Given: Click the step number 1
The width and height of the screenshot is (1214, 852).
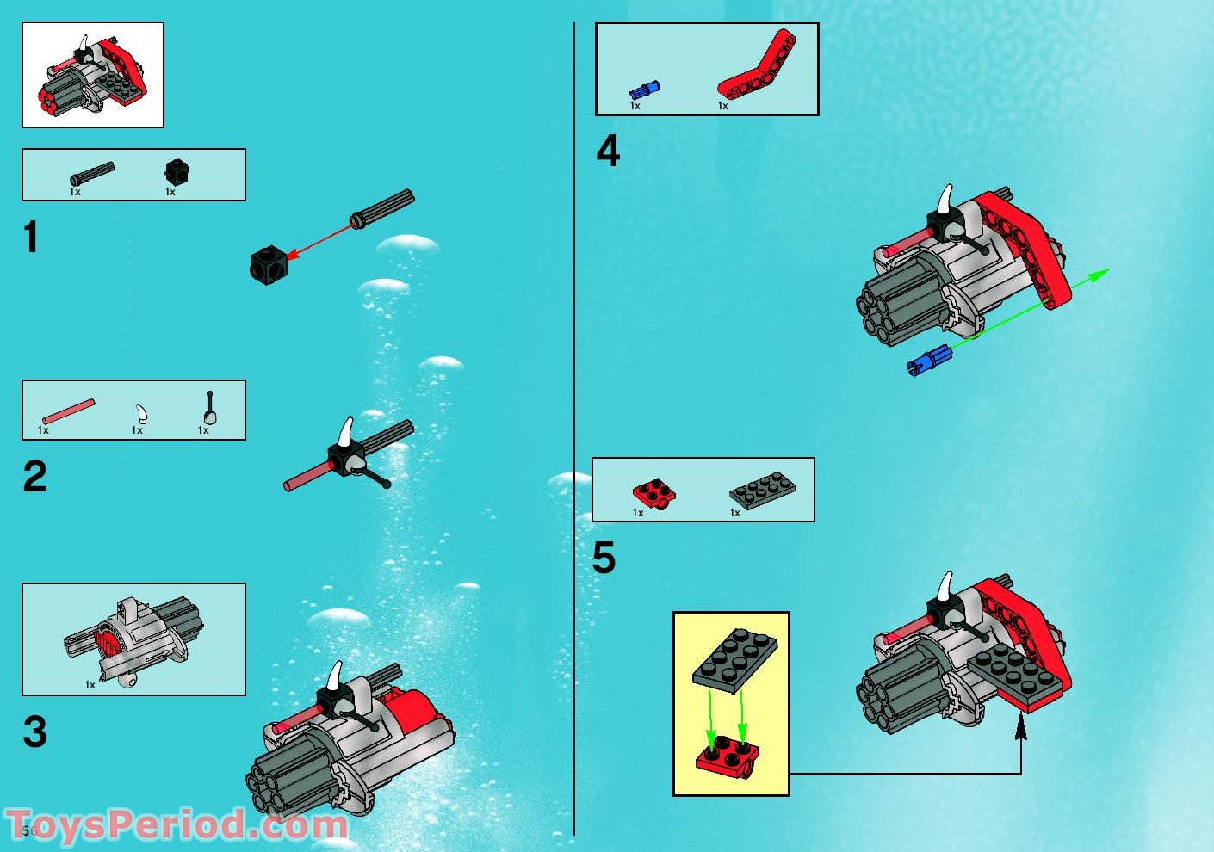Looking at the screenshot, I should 32,238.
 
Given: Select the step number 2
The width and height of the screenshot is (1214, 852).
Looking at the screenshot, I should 34,477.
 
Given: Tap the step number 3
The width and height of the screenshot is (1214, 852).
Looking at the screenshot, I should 34,732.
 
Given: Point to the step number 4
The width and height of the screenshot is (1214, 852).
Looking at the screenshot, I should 608,151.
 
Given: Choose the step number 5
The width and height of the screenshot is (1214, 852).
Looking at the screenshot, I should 604,558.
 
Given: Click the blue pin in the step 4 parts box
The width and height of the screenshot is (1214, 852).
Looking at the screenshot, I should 643,90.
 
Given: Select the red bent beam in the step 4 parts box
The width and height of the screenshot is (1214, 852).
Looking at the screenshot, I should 758,65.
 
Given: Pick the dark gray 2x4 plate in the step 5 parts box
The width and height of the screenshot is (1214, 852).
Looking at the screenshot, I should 762,490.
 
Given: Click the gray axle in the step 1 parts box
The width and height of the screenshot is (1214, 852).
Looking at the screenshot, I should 93,173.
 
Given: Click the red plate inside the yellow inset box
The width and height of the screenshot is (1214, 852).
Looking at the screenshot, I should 727,756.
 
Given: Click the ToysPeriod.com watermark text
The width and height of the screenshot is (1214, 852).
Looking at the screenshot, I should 177,824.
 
